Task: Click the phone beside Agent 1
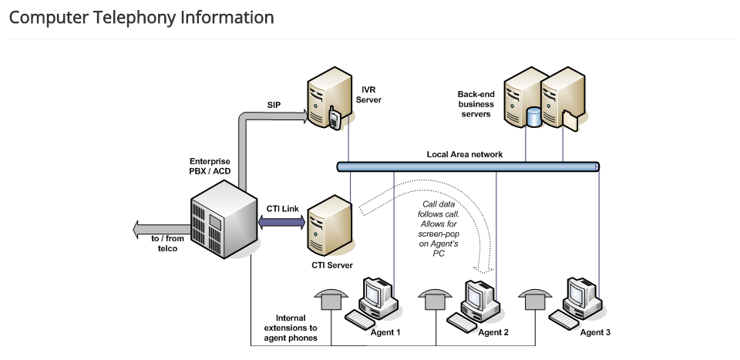[x=332, y=298]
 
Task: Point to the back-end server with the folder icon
[x=562, y=96]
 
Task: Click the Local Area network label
[x=465, y=154]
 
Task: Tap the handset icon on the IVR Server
[x=335, y=119]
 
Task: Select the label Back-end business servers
[x=476, y=104]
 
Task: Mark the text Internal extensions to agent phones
[x=291, y=328]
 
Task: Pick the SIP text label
[x=274, y=105]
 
